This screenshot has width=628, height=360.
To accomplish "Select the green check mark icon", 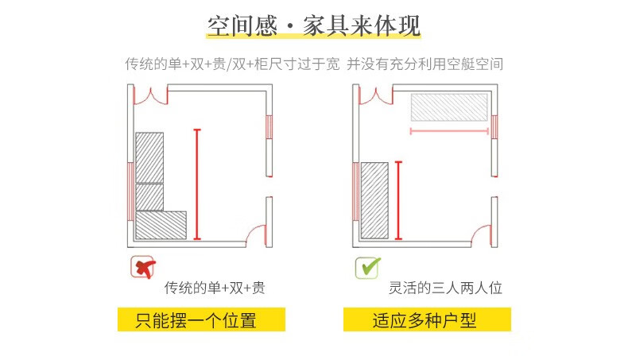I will pyautogui.click(x=366, y=268).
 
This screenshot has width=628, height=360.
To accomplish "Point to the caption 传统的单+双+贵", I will pyautogui.click(x=215, y=288).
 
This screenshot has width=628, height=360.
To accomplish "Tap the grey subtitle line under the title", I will pyautogui.click(x=313, y=64).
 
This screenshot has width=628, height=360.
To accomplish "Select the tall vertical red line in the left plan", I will pyautogui.click(x=196, y=184).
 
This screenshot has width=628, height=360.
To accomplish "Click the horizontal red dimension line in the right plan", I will pyautogui.click(x=449, y=130).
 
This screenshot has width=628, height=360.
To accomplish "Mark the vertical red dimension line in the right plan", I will pyautogui.click(x=398, y=199).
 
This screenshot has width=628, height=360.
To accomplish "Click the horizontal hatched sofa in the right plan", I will pyautogui.click(x=448, y=106).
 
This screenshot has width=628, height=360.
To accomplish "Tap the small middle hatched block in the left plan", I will pyautogui.click(x=149, y=196).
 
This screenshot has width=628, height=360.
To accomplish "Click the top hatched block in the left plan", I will pyautogui.click(x=149, y=157).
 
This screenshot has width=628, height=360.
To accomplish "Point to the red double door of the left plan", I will pyautogui.click(x=150, y=95).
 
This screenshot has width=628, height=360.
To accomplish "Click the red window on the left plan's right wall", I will pyautogui.click(x=269, y=126).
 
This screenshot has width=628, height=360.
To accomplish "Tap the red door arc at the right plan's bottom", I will pyautogui.click(x=483, y=233).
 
